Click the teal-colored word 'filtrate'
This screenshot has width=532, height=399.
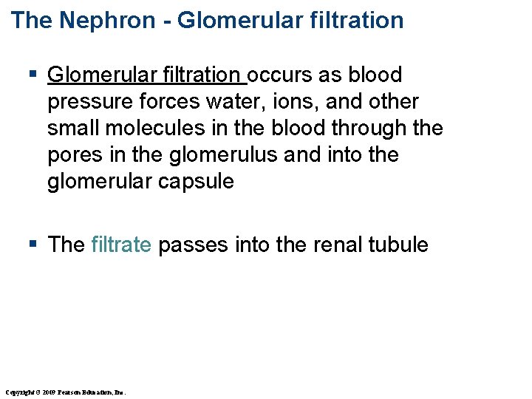pyautogui.click(x=121, y=245)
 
